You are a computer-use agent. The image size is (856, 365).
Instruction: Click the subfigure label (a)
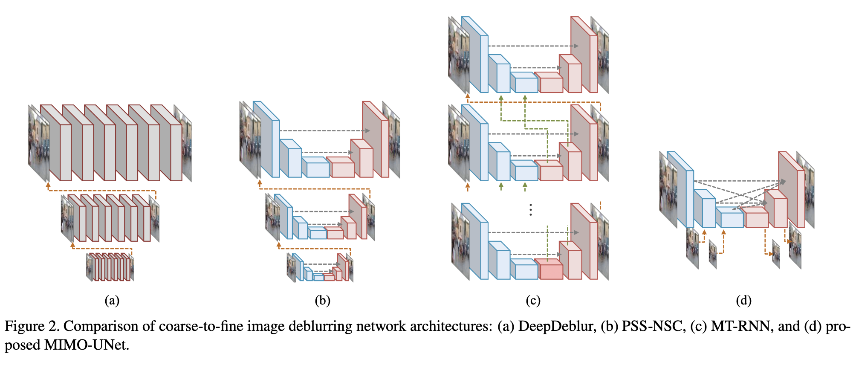click(112, 301)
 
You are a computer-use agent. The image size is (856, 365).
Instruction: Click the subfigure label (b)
click(322, 301)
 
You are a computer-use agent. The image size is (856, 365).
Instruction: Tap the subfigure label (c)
click(533, 301)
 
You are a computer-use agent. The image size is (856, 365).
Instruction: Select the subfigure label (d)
click(743, 301)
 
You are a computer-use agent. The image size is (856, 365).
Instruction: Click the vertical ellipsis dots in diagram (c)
click(530, 210)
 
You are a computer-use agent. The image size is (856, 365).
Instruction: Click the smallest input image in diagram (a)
click(89, 267)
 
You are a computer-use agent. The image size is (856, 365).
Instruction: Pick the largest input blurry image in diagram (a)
click(38, 143)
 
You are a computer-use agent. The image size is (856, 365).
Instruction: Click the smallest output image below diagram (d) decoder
click(776, 255)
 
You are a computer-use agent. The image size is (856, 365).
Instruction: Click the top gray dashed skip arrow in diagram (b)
click(324, 130)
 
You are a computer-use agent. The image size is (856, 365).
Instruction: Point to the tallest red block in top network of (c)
click(583, 55)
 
